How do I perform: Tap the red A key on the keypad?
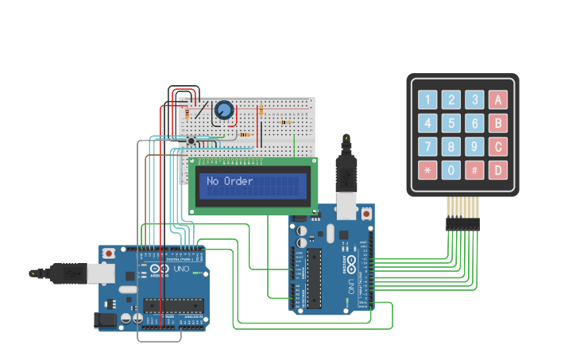coord(498,99)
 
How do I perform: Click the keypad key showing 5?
coord(451,123)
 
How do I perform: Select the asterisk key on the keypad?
coord(428,169)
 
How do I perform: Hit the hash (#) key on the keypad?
coord(474,169)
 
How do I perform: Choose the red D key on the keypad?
coord(498,169)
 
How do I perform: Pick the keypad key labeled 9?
coord(474,146)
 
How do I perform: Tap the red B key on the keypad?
coord(498,123)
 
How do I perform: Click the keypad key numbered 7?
coord(428,146)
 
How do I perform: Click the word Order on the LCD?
coord(238,181)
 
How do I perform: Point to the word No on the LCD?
coord(212,181)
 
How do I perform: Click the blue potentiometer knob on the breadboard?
coord(224,111)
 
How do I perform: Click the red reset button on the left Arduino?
coord(108,254)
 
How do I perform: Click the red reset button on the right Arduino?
coord(366,213)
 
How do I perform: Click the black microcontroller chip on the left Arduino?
coord(173,305)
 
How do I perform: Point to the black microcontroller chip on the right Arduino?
coord(315,278)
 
